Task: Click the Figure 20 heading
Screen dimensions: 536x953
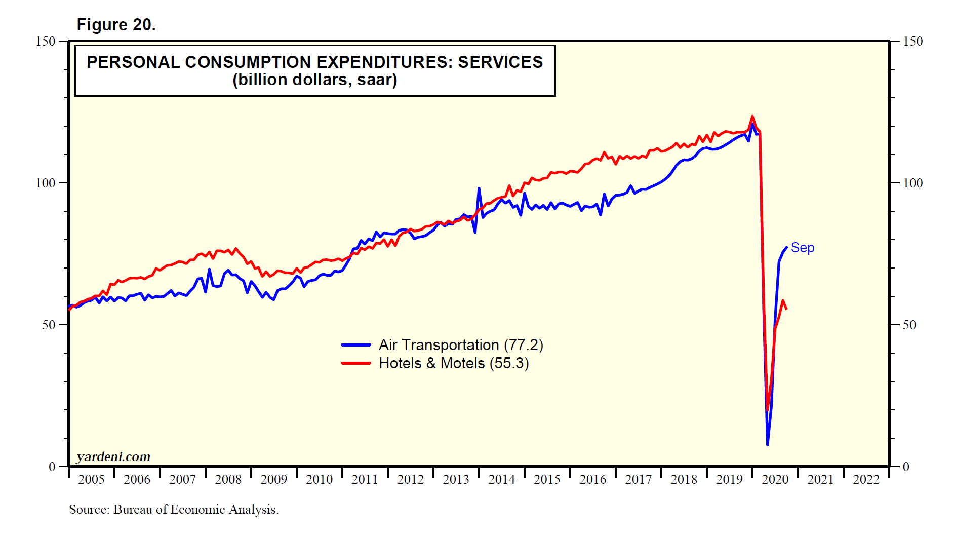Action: pos(116,25)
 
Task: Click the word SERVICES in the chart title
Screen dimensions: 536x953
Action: pos(500,62)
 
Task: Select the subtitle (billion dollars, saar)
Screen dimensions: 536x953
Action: pos(314,80)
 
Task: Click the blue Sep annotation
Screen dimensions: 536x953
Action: pos(802,248)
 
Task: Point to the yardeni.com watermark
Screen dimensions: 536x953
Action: pos(113,457)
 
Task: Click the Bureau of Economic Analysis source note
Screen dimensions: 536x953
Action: pos(174,509)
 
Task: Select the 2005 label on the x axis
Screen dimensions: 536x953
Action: pos(91,479)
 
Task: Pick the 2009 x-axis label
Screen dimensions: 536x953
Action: pos(273,479)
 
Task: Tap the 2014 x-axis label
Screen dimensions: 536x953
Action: pos(501,479)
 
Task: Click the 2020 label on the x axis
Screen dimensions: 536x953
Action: pos(775,479)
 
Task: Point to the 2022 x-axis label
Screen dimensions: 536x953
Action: pos(866,479)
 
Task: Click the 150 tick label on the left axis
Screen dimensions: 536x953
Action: pos(45,41)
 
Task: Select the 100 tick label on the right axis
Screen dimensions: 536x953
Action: pos(913,183)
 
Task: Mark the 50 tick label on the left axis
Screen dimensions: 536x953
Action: pos(49,325)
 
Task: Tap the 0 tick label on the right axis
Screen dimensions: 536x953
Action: pos(906,467)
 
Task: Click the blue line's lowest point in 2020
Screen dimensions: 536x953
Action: pos(768,444)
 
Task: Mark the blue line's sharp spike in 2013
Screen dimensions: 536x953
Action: pos(479,188)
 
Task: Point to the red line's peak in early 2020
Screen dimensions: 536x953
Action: pos(752,117)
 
